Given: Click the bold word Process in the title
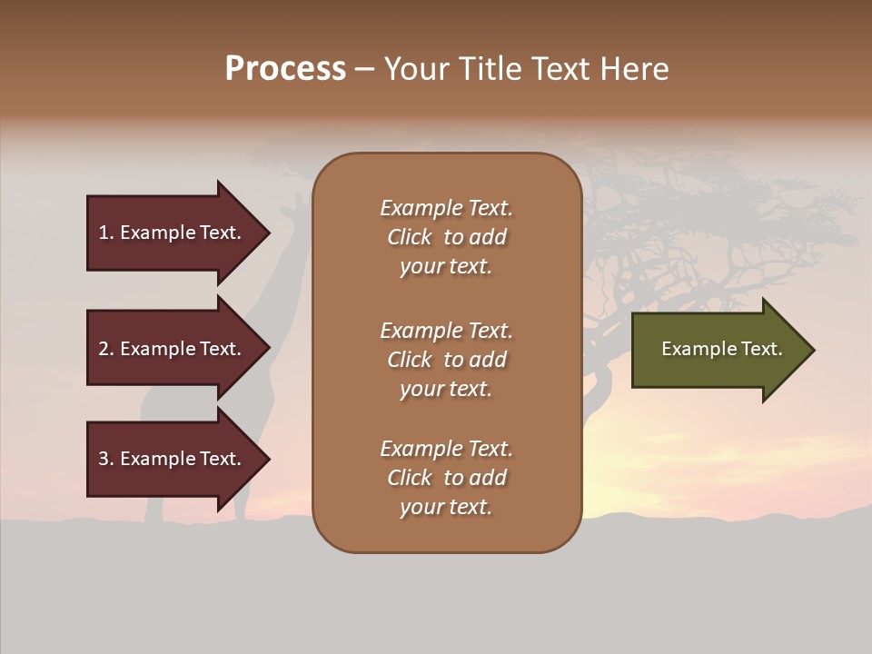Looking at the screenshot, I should (285, 69).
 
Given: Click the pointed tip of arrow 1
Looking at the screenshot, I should (267, 233).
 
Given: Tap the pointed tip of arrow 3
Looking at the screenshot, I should (267, 459).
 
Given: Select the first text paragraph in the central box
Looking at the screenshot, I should (446, 237).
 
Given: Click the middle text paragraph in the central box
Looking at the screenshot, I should (446, 360).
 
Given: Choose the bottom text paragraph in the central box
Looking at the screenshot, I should (446, 478).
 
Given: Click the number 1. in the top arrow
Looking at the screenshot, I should (106, 233).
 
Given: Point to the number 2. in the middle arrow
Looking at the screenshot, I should (106, 349).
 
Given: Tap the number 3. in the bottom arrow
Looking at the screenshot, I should (106, 459).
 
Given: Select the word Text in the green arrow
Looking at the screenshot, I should (762, 349).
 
